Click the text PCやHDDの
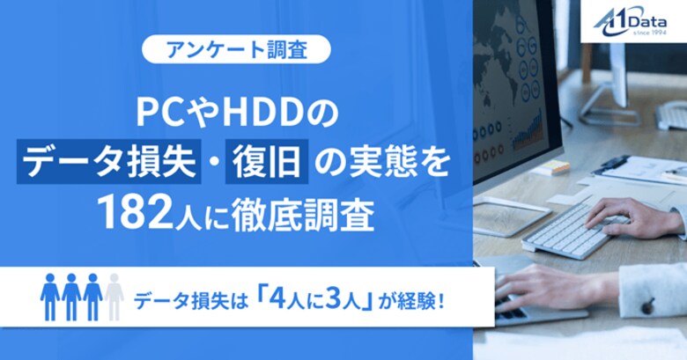point(235,113)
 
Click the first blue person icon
point(49,297)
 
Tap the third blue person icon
point(92,297)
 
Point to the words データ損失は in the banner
point(181,298)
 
